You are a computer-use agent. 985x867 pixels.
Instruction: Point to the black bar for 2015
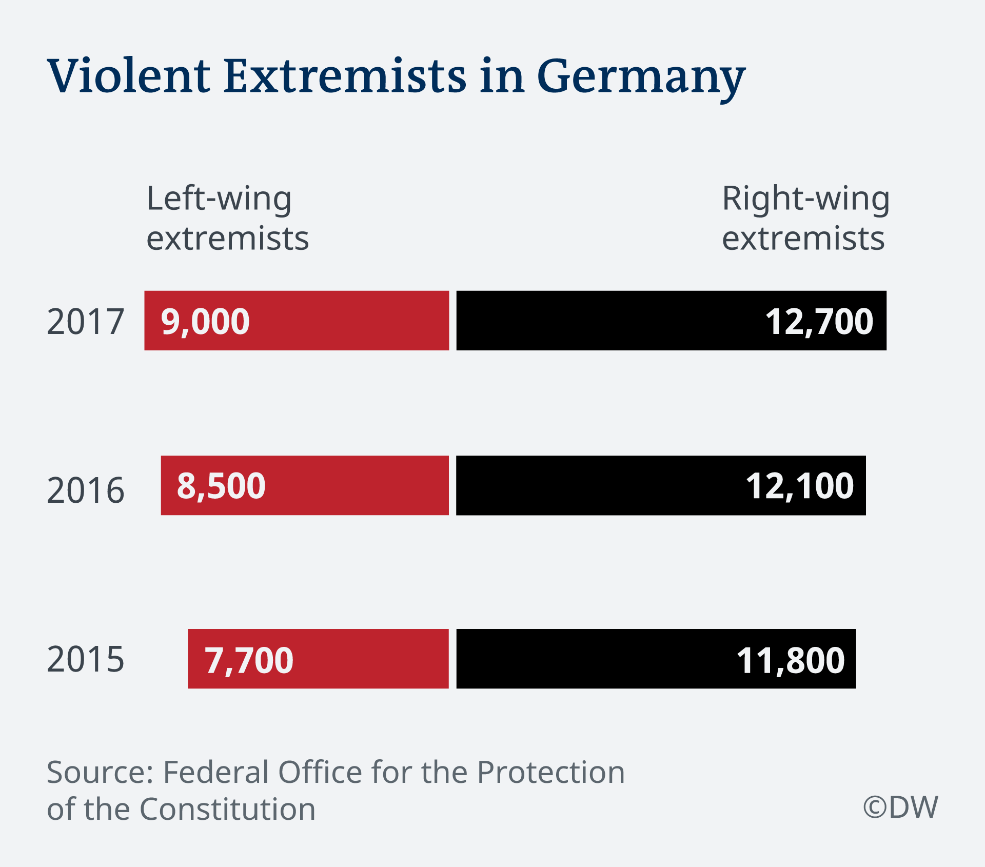pos(590,659)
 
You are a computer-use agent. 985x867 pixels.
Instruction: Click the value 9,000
pos(205,322)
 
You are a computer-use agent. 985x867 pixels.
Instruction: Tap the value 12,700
pos(819,322)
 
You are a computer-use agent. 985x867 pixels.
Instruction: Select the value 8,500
pos(221,486)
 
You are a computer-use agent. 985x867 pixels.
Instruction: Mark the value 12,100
pos(799,486)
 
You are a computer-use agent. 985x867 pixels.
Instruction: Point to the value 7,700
pos(249,660)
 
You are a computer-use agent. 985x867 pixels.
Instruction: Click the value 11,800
pos(790,660)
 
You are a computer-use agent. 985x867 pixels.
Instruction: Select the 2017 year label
pos(85,322)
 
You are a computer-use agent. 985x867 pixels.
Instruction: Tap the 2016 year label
pos(85,490)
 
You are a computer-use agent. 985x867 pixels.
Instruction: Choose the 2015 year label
pos(85,659)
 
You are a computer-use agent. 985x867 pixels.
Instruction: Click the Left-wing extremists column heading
pos(227,218)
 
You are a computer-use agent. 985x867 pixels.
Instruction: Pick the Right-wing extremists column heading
pos(805,218)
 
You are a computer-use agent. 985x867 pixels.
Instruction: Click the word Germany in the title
pos(641,77)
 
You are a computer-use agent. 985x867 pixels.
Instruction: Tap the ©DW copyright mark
pos(900,807)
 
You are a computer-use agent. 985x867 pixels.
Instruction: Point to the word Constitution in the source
pos(227,809)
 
